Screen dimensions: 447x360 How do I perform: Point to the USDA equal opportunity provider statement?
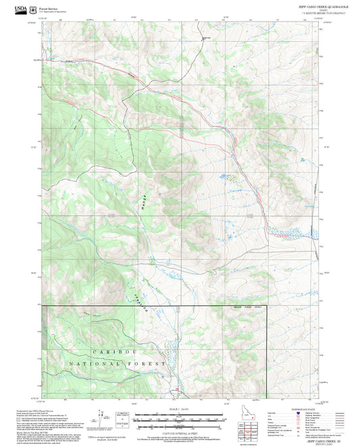click(107, 437)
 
